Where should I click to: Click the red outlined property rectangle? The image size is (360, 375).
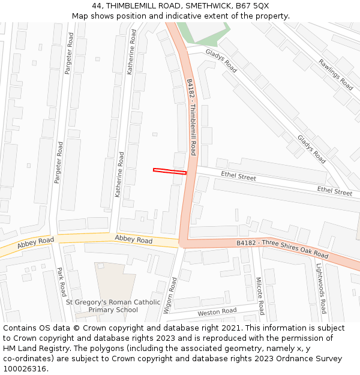[170, 172]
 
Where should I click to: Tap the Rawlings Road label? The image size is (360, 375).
[335, 74]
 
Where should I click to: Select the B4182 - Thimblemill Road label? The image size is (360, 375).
[191, 117]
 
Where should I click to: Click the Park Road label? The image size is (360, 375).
[61, 281]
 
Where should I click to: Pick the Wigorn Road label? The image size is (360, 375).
[170, 296]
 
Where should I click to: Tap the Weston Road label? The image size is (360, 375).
[217, 312]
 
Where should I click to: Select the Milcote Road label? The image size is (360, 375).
[260, 295]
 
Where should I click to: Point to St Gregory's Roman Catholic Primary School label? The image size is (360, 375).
[113, 306]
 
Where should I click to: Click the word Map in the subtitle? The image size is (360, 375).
[81, 16]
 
